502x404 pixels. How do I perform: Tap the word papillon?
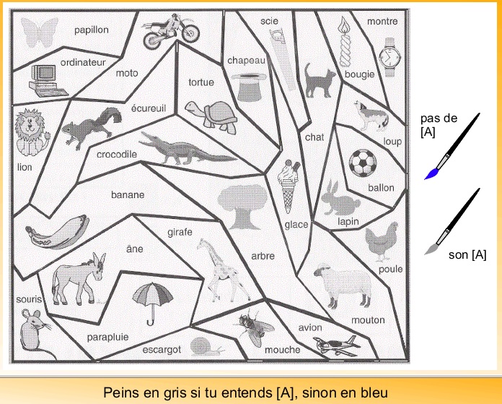[x=91, y=30]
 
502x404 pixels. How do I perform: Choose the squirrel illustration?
[x=90, y=126]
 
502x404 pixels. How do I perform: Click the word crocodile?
[x=117, y=154]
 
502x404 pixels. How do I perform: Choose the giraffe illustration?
[x=219, y=269]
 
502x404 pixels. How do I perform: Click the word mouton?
[x=368, y=320]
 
